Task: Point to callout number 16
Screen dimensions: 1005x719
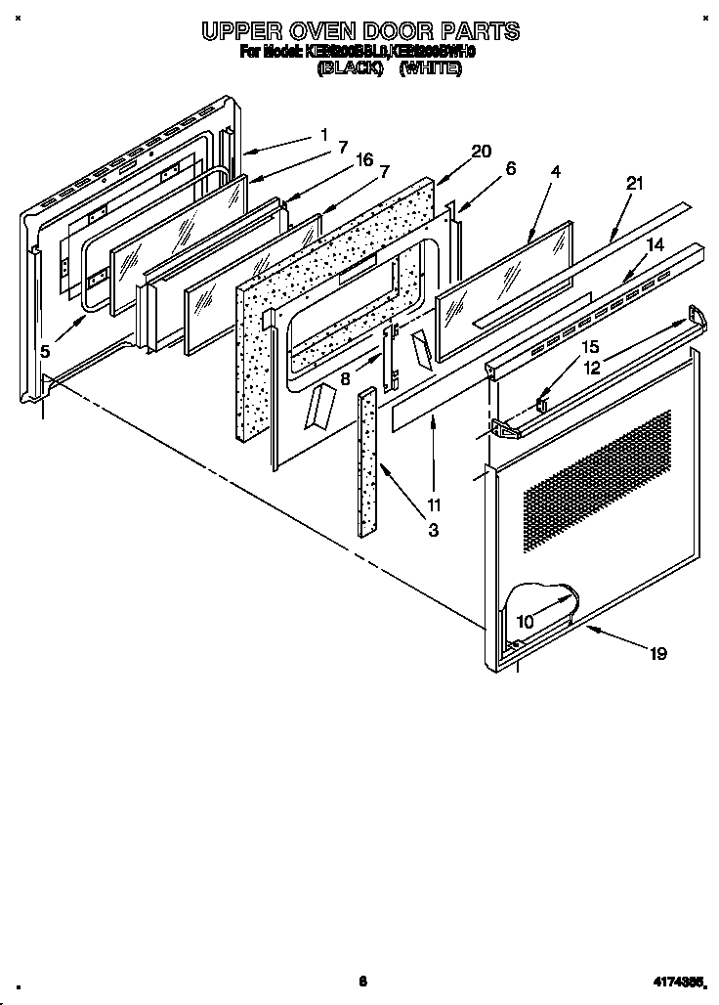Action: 365,160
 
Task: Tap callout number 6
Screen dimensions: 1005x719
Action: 511,167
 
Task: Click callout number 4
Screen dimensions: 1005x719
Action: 555,171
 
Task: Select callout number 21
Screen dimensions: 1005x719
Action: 636,184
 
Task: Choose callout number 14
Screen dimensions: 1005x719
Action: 656,244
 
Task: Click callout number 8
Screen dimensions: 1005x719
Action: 346,378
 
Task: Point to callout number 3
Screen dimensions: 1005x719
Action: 433,531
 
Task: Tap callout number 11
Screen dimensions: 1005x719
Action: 434,505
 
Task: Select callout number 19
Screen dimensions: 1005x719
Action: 658,653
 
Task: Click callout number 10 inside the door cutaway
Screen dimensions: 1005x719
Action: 525,620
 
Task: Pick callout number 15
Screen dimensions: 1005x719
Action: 589,346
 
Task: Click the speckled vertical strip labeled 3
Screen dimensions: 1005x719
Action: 367,459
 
